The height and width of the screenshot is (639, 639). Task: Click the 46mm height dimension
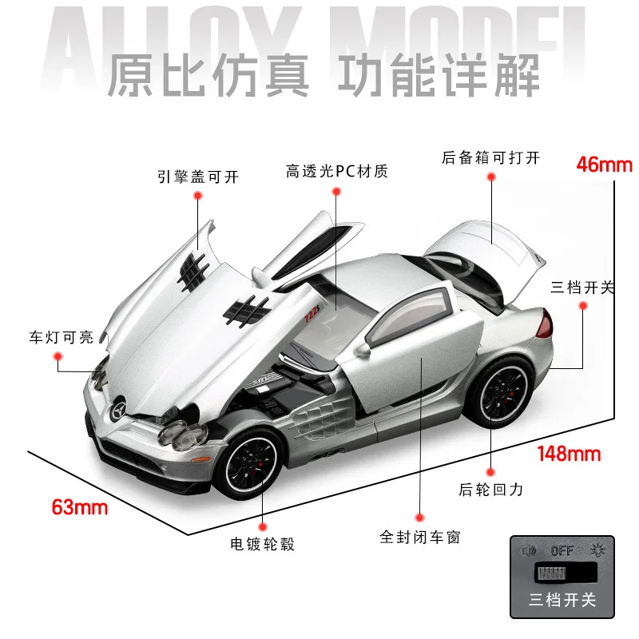coord(604,165)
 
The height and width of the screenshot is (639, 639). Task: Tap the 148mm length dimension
coord(569,454)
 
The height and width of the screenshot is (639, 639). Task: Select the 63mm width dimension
coord(79,506)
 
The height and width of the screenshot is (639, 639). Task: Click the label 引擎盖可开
coord(198,176)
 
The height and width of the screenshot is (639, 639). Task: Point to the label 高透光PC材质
coord(336,171)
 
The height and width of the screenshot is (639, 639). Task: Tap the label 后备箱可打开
coord(490,157)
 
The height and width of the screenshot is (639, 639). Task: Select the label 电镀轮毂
coord(263,545)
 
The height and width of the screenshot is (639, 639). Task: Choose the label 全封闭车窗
coord(419,537)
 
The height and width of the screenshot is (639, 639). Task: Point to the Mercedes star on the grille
coord(116,410)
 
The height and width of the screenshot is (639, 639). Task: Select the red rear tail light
coord(546,324)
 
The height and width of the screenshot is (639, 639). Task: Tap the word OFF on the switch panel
coord(562,551)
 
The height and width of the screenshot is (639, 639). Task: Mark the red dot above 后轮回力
coord(490,473)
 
